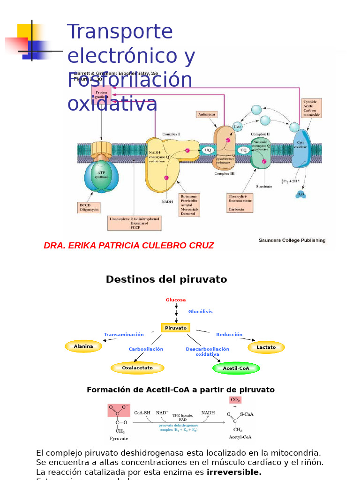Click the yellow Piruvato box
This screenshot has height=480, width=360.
(x=175, y=328)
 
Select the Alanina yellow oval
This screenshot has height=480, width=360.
(x=83, y=346)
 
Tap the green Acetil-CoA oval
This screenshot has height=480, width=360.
(x=236, y=368)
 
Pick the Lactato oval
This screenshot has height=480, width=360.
(x=266, y=347)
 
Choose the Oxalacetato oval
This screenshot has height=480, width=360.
(x=137, y=368)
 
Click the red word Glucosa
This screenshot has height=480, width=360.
(x=176, y=300)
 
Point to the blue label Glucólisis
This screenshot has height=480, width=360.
(x=200, y=312)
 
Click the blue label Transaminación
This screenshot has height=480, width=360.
(x=124, y=335)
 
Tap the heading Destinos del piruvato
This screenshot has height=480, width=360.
(x=166, y=280)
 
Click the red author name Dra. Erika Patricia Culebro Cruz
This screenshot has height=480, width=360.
(x=129, y=246)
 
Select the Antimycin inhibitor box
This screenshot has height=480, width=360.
(x=206, y=114)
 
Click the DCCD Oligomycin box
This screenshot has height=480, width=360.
(x=89, y=208)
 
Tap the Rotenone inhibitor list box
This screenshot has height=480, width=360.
(x=189, y=205)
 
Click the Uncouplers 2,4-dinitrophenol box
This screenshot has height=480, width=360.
(x=134, y=223)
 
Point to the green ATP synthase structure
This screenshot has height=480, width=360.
(x=101, y=176)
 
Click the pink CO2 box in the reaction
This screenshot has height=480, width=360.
(x=235, y=400)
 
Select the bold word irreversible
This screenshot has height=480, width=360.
(x=234, y=472)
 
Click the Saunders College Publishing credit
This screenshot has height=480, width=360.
(x=292, y=240)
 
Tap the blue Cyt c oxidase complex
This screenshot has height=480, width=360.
(x=301, y=148)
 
